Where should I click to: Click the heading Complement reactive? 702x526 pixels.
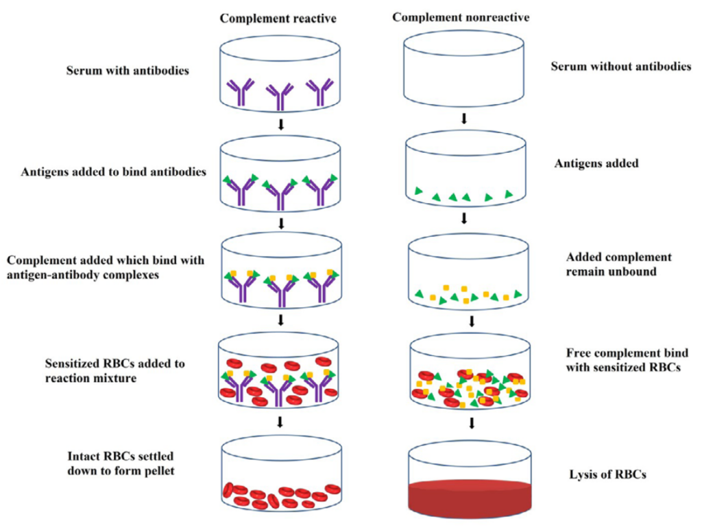[278, 19]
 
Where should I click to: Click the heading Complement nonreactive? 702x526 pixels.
[460, 16]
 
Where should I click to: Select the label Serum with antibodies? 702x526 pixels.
[128, 71]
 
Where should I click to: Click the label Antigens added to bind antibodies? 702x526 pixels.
[113, 171]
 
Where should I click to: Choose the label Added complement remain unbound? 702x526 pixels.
[618, 264]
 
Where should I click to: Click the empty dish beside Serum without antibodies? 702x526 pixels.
[463, 69]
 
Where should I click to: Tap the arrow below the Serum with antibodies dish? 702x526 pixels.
[280, 125]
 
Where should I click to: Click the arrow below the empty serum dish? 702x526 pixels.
[464, 119]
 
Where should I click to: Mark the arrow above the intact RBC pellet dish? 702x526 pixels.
[280, 421]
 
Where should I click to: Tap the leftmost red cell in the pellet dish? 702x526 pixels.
[228, 489]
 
